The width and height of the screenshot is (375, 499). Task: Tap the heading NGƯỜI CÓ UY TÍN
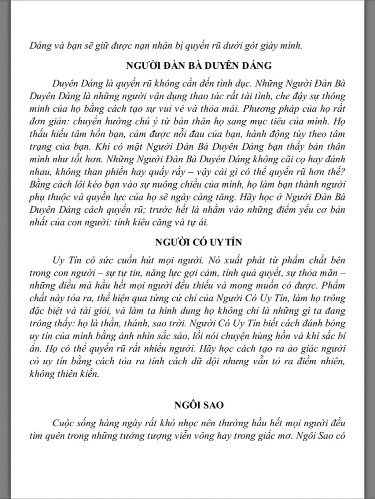(x=199, y=243)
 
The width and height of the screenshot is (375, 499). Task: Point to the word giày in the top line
(x=272, y=46)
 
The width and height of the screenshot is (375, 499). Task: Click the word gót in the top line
(x=252, y=46)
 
